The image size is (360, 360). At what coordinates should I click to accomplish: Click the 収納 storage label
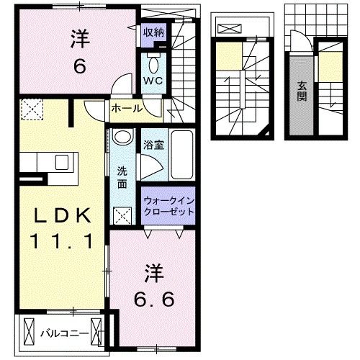153,32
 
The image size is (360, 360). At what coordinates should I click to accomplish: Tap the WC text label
153,81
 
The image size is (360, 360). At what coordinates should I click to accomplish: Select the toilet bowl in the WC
153,61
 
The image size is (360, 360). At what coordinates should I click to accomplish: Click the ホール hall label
127,109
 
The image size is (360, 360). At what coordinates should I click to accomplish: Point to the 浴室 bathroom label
153,143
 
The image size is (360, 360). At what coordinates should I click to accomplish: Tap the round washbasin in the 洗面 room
122,138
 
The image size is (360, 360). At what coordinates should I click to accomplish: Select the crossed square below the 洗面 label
122,214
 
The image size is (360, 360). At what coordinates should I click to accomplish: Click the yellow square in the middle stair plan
229,58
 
